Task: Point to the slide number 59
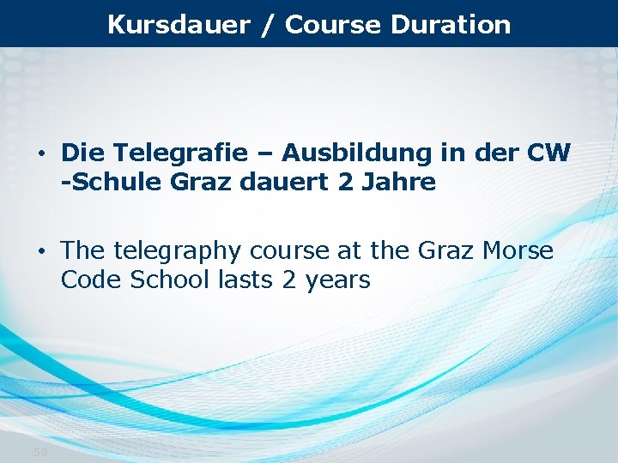click(40, 452)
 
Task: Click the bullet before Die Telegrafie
click(41, 154)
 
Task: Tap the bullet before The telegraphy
click(41, 252)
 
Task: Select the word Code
click(92, 280)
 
